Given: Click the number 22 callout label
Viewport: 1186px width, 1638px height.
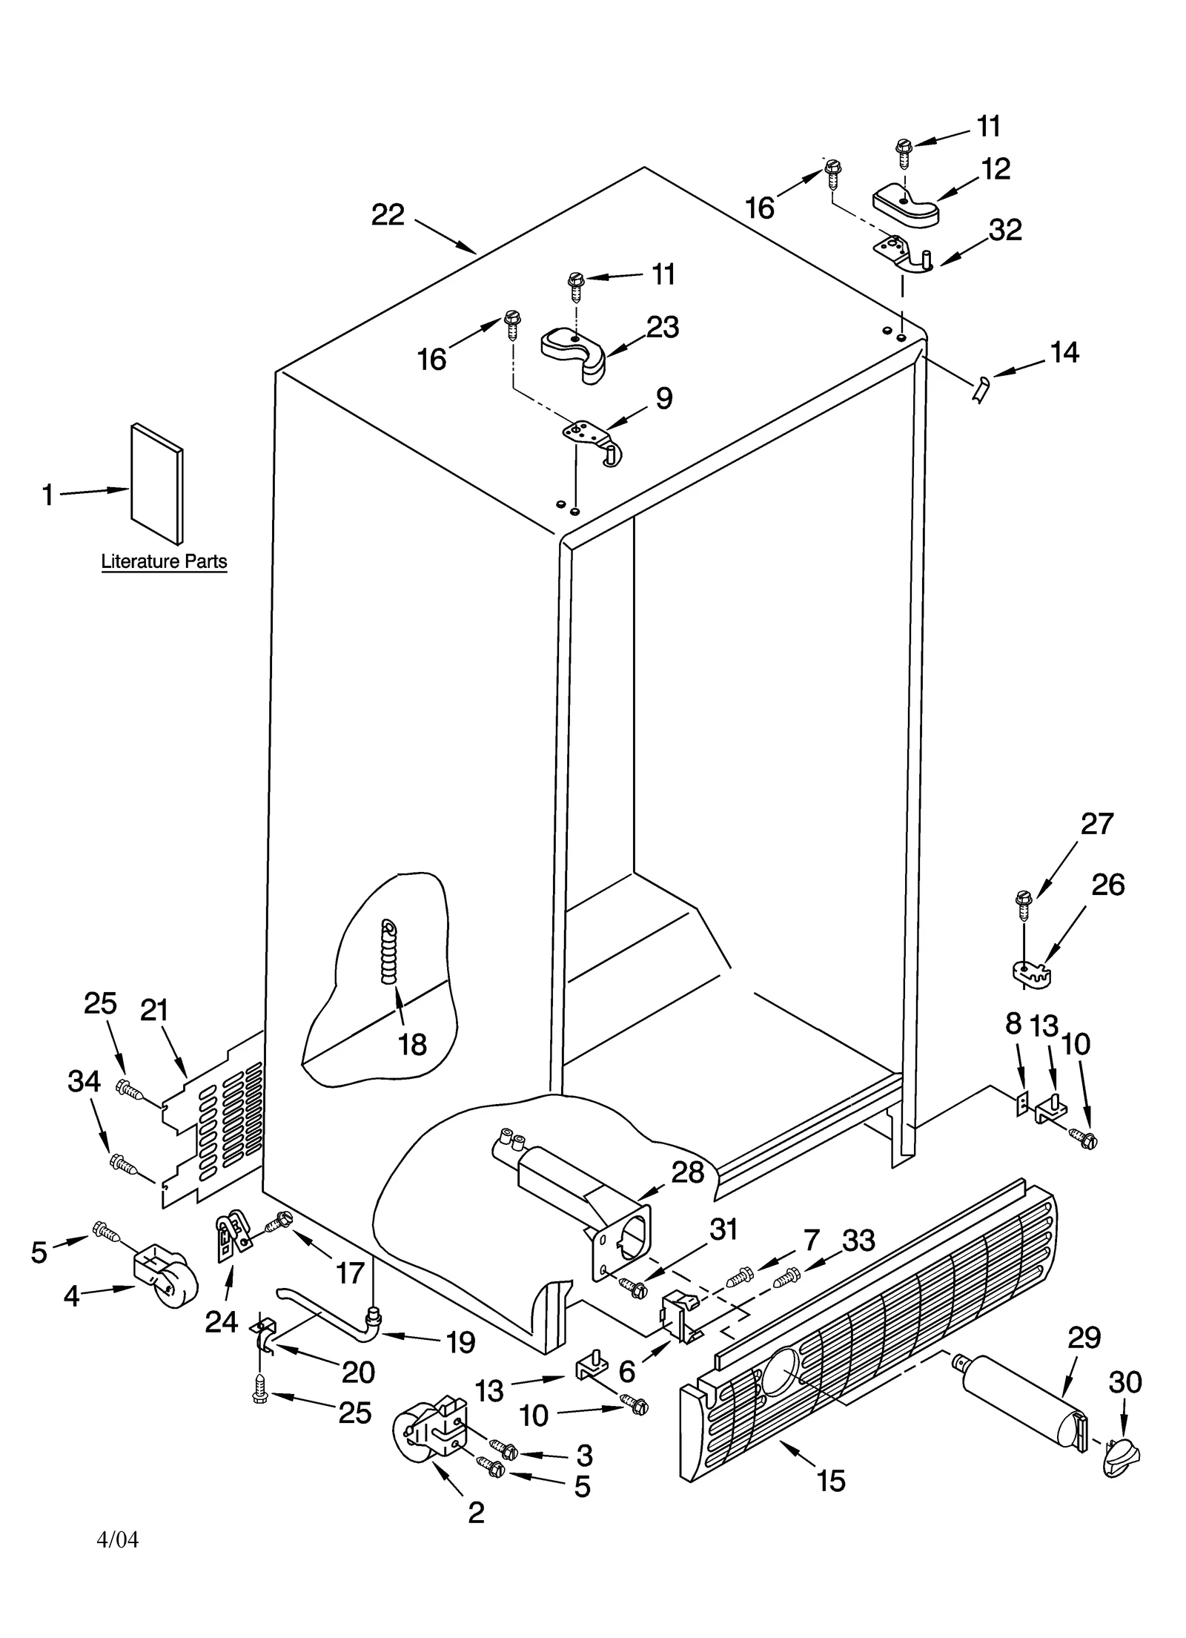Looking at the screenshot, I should [388, 215].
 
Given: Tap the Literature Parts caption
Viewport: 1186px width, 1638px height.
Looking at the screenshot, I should [164, 561].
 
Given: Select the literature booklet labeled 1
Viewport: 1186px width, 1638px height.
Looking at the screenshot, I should [157, 483].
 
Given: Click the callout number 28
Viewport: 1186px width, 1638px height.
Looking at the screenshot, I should [687, 1172].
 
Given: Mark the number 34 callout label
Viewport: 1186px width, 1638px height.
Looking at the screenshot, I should [84, 1082].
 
